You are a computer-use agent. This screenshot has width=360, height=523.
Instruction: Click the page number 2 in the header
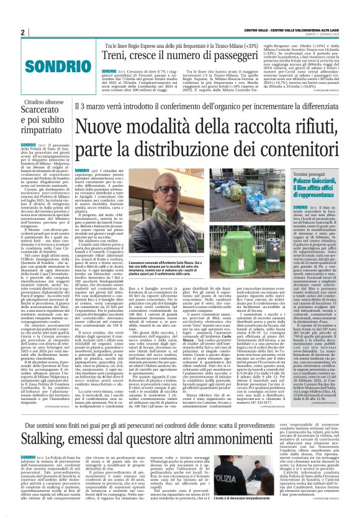pyautogui.click(x=22, y=32)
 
